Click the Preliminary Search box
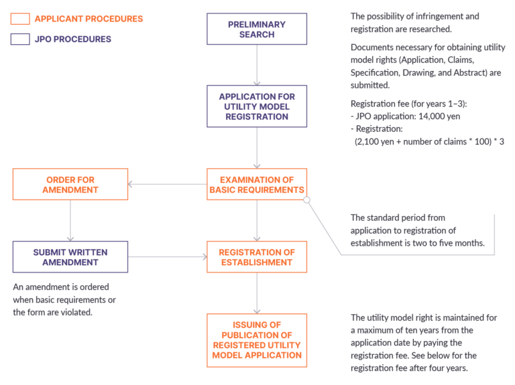click(x=257, y=29)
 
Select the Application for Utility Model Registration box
click(x=257, y=106)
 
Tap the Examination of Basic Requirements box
click(x=257, y=184)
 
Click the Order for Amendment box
click(x=70, y=184)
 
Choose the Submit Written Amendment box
click(x=70, y=257)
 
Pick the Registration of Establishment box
click(x=257, y=257)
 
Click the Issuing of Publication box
click(x=257, y=339)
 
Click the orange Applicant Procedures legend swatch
click(x=20, y=19)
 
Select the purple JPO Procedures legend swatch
click(x=20, y=40)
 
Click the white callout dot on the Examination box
click(x=307, y=200)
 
